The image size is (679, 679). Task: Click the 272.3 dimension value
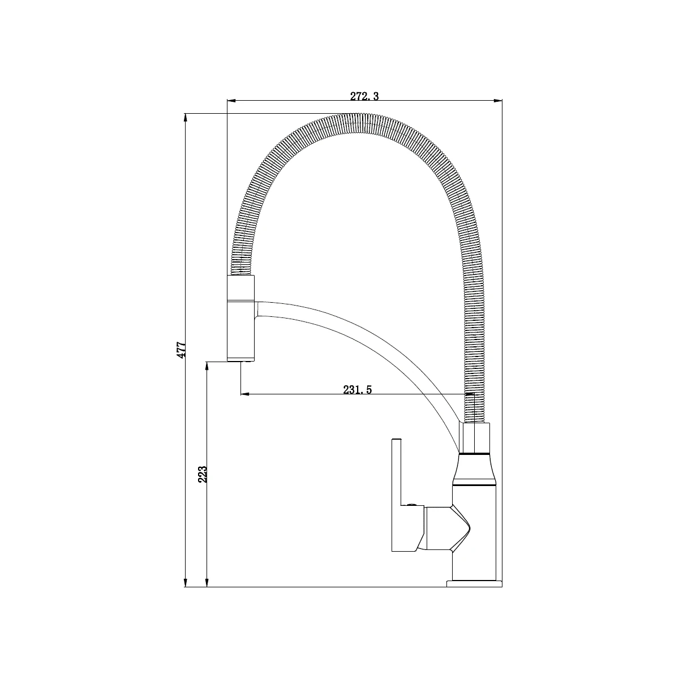[x=364, y=96]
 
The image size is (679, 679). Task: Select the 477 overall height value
[x=181, y=350]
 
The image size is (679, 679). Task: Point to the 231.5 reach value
[x=357, y=389]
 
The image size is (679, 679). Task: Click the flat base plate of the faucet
[x=474, y=583]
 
